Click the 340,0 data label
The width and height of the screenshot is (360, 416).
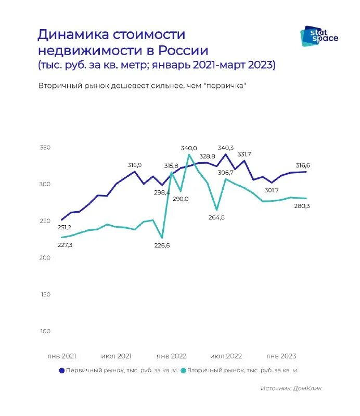coord(189,148)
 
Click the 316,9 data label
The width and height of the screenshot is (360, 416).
coord(135,165)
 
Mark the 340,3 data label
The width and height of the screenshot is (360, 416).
coord(225,147)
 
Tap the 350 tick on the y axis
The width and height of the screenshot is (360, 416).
coord(45,148)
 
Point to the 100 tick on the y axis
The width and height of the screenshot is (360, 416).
coord(45,331)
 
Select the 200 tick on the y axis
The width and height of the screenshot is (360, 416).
coord(45,258)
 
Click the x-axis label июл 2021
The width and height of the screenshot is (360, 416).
coord(117,356)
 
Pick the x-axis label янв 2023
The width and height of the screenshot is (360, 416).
coord(281,356)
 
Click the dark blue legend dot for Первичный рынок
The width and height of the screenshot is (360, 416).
coord(62,370)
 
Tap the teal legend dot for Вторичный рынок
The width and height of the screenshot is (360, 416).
coord(183,370)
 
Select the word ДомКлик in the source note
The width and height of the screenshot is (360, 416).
coord(307,388)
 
